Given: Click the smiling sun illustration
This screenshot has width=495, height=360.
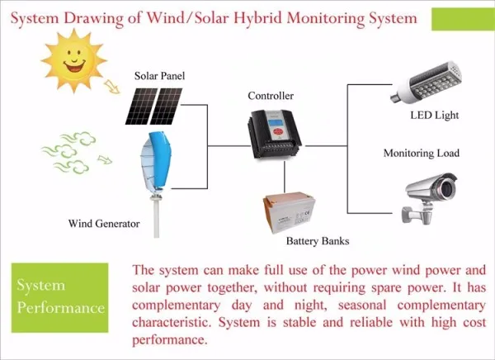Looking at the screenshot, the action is pos(74,60).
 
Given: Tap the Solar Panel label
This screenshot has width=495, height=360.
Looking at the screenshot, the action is pos(159,76).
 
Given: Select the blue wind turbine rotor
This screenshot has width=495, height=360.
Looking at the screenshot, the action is pos(157,161).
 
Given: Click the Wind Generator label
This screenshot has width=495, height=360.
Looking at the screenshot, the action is pos(104,224).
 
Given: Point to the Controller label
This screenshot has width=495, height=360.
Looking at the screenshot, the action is pos(271,96).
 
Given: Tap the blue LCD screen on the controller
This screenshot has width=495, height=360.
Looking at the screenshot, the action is pos(275,121).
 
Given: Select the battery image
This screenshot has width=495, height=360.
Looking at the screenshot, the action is pos(289,212).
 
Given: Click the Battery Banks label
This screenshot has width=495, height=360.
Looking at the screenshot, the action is pos(318,241).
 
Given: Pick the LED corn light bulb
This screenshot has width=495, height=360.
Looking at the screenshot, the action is pos(427,83).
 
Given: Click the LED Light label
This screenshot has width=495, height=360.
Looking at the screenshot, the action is pos(435,115).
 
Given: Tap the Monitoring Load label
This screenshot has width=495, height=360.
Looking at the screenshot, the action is pos(421,154).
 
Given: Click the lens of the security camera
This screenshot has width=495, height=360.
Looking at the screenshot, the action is pos(446,189).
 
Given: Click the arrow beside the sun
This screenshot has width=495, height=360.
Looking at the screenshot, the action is pos(111,87).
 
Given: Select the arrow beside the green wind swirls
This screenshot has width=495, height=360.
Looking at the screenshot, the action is pos(105,159).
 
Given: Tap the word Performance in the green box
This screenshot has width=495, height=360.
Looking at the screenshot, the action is pos(60,308).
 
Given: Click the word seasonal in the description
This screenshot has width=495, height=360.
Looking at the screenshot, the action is pos(362,306).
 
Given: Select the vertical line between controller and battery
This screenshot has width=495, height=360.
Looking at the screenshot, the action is pos(285,177).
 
